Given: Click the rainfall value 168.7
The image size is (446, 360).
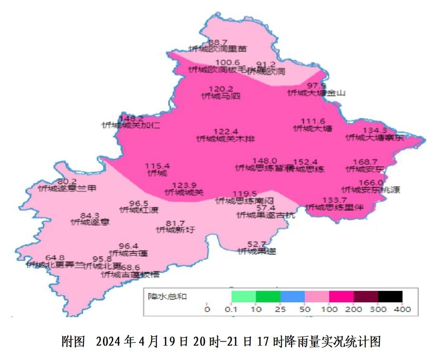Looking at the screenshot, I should coord(365,162).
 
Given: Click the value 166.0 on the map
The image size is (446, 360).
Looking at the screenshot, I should coord(371,183).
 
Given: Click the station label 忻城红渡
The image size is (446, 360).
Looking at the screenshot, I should coord(139,210).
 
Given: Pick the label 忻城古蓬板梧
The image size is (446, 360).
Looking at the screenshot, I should coord(130,275).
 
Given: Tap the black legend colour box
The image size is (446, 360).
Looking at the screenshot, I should coord(390,297).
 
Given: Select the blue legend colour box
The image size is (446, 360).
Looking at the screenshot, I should coord(293,297).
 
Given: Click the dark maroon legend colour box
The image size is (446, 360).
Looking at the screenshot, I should coord(365,297).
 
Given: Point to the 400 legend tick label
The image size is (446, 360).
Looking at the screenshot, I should coord(403,310).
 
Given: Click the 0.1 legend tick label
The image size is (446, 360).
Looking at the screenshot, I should coord(232,310).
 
